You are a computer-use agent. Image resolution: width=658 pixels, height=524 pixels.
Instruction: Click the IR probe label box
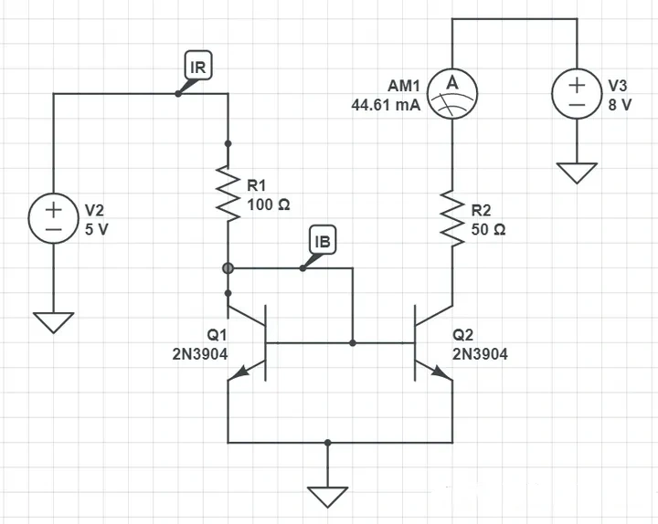click(x=197, y=67)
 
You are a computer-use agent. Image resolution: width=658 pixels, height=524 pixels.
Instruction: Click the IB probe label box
click(x=323, y=241)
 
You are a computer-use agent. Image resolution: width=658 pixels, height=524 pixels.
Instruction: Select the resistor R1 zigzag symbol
click(x=228, y=191)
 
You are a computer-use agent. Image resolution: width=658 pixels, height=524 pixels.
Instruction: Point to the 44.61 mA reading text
click(x=386, y=105)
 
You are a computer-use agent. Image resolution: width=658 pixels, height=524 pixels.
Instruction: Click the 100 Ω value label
click(x=268, y=205)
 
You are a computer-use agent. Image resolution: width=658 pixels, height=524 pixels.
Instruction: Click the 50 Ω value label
click(x=488, y=230)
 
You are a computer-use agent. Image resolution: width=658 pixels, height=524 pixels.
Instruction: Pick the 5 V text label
click(x=96, y=230)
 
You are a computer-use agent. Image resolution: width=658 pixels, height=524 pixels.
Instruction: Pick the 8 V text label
click(x=620, y=104)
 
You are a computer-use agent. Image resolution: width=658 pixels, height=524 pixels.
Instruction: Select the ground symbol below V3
click(x=577, y=173)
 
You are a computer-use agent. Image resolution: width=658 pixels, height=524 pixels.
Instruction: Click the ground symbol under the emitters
click(x=328, y=497)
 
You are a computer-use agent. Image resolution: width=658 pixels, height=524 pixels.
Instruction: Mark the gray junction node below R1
click(x=228, y=268)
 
